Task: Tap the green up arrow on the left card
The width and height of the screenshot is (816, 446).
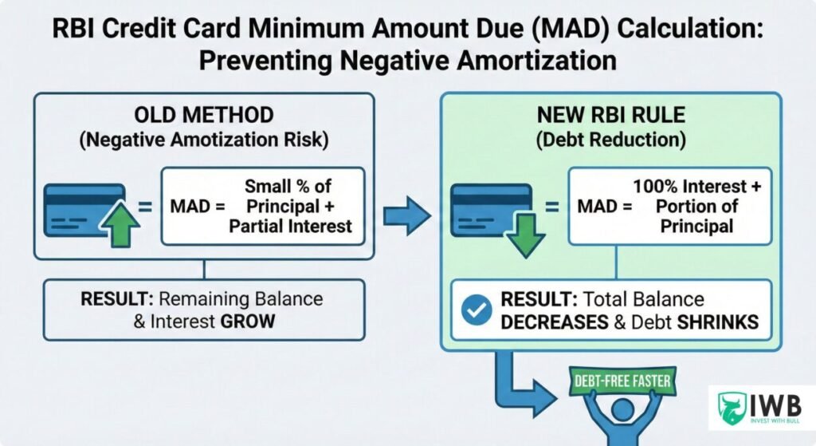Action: [x=121, y=225]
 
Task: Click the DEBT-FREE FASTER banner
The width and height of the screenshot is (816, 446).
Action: [x=620, y=381]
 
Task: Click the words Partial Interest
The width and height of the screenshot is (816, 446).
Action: [x=290, y=226]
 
